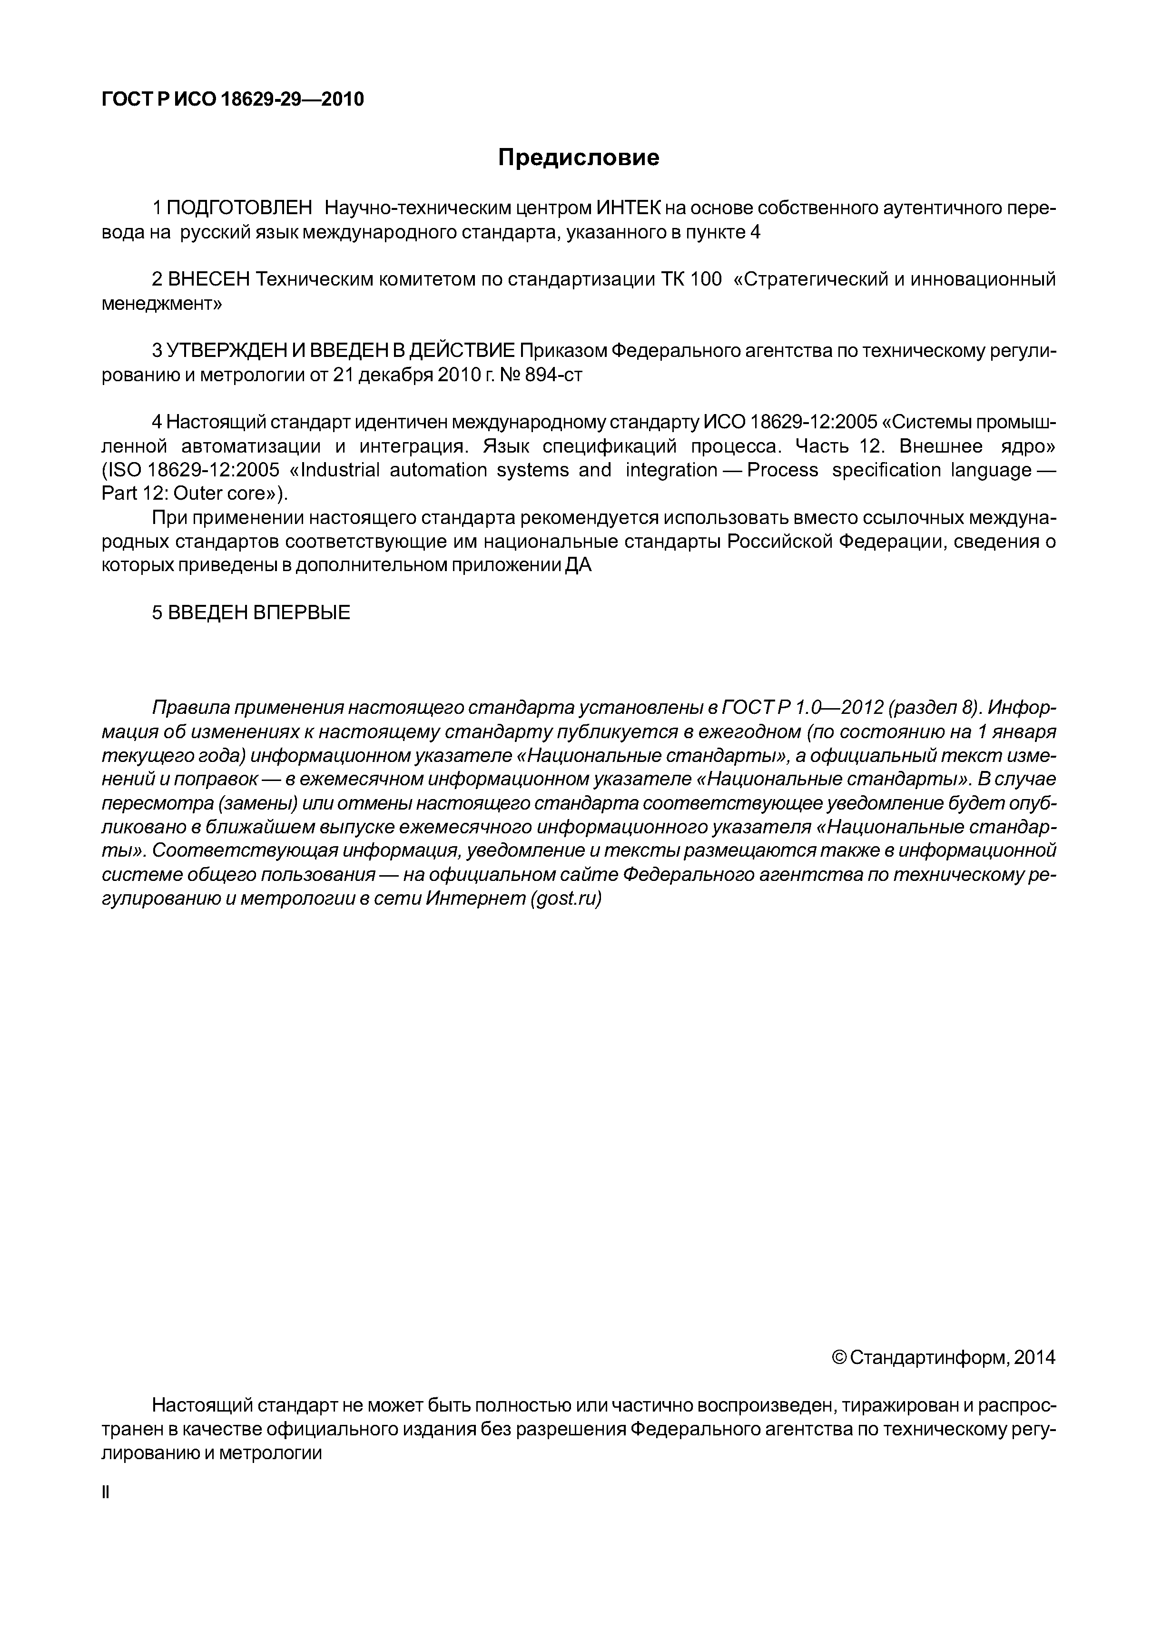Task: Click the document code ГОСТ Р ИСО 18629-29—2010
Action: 233,99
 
